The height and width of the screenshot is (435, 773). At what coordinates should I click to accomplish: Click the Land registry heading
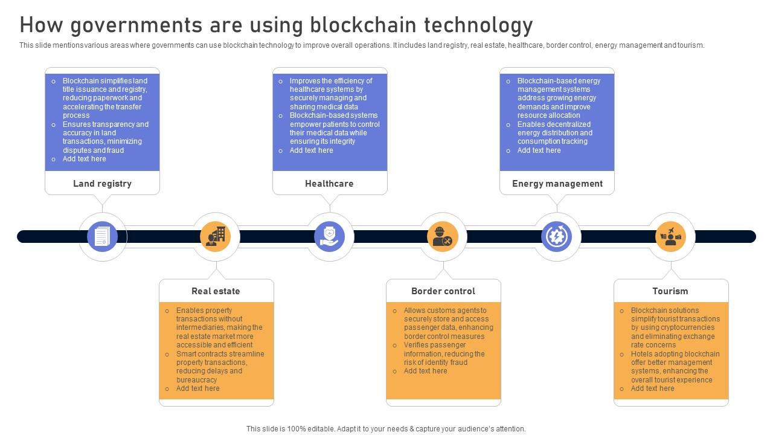pos(102,184)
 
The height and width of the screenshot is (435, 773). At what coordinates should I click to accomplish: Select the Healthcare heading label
pos(329,184)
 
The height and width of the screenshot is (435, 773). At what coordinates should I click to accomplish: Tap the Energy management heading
pos(557,184)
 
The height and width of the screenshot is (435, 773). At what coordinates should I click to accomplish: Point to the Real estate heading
pos(216,291)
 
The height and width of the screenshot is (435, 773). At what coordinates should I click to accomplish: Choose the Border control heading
pos(443,291)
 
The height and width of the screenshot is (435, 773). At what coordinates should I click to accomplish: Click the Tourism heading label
pos(670,291)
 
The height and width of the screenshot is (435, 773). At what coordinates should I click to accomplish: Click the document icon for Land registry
pos(103,236)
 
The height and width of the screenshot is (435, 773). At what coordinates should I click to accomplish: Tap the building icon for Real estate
pos(216,236)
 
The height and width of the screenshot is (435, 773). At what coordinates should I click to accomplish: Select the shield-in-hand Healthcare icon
pos(330,236)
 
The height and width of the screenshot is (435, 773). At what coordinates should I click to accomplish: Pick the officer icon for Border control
pos(443,236)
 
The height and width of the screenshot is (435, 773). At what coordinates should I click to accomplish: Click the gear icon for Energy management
pos(557,236)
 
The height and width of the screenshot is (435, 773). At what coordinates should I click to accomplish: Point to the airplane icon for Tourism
pos(670,236)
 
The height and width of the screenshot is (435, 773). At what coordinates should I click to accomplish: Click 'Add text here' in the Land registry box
pos(84,159)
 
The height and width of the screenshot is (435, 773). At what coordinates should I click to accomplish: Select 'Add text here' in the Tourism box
pos(652,388)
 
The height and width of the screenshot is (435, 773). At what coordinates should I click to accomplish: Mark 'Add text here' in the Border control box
pos(425,371)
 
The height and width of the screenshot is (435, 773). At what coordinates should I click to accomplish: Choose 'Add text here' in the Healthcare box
pos(311,150)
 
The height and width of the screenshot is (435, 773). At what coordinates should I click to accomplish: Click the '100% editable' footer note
pos(386,429)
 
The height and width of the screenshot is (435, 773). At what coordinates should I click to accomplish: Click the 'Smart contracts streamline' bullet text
pos(220,354)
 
